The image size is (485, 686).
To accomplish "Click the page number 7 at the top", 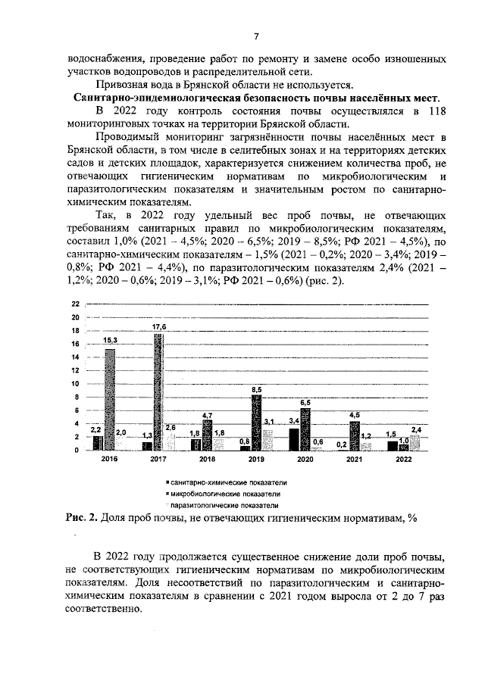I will (x=255, y=37).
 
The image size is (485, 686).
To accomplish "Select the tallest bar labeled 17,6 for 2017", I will (x=158, y=392).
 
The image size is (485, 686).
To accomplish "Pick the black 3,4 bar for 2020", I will (x=294, y=439).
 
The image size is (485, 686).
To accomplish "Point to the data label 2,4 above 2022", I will (x=417, y=429).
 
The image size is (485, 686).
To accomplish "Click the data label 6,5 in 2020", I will (x=305, y=402).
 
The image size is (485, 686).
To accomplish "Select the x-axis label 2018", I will (x=207, y=460).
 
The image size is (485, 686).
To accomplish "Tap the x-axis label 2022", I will (x=403, y=460).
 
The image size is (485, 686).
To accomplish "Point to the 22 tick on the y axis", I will (x=75, y=304).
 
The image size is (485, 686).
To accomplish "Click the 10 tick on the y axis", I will (x=75, y=384).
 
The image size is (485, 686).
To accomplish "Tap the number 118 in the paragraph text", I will (x=433, y=111).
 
